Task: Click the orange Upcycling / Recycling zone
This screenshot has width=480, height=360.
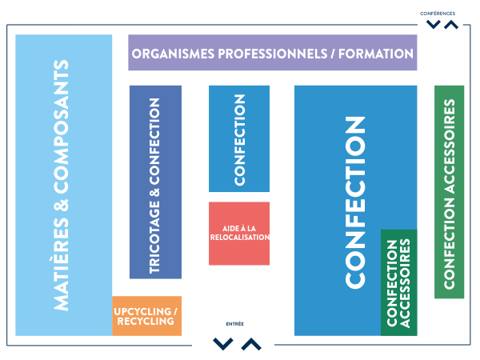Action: click(x=146, y=315)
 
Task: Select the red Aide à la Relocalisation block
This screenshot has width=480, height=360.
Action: click(x=238, y=233)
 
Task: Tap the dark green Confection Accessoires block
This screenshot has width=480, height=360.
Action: click(x=398, y=282)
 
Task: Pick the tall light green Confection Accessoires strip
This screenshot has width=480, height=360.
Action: click(x=449, y=192)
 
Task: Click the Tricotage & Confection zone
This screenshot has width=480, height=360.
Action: click(x=155, y=182)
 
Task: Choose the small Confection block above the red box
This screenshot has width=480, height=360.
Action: click(x=238, y=138)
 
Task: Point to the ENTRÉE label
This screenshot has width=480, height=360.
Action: click(x=235, y=324)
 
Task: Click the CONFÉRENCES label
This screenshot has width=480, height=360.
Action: click(x=438, y=13)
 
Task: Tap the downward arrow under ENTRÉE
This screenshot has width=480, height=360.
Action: click(x=223, y=344)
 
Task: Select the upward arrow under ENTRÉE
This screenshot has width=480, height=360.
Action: click(x=250, y=344)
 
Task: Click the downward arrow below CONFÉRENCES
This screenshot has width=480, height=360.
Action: click(x=433, y=25)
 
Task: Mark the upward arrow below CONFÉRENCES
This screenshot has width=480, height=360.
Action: click(x=451, y=25)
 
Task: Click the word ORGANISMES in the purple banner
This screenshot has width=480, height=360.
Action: click(x=172, y=54)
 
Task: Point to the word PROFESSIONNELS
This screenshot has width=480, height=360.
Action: click(x=273, y=54)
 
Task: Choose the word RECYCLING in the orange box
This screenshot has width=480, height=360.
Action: click(x=146, y=322)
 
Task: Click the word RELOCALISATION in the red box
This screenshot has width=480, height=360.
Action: click(x=238, y=238)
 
